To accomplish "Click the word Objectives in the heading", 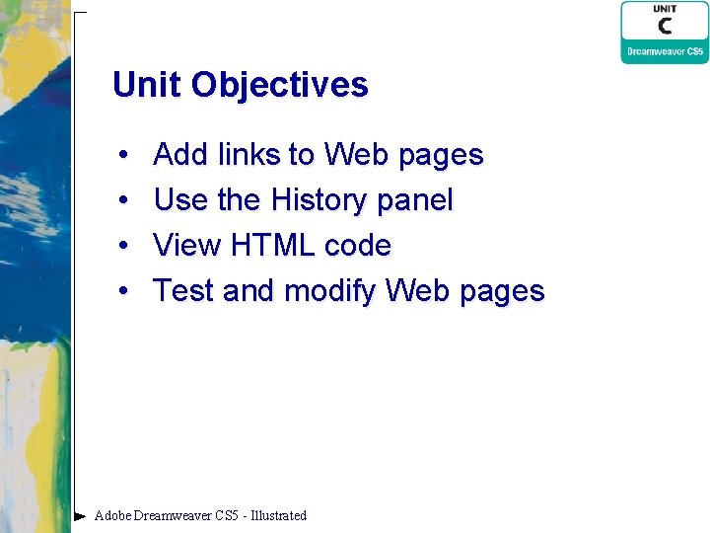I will (280, 86).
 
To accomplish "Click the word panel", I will (416, 201).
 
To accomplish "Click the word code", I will (358, 246).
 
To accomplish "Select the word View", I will (188, 246).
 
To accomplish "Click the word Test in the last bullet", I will (184, 291).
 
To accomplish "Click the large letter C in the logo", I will (665, 27).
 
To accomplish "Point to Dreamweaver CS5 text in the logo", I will (665, 51).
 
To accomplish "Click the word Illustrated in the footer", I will (279, 515).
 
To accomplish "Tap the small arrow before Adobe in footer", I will (81, 515).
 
